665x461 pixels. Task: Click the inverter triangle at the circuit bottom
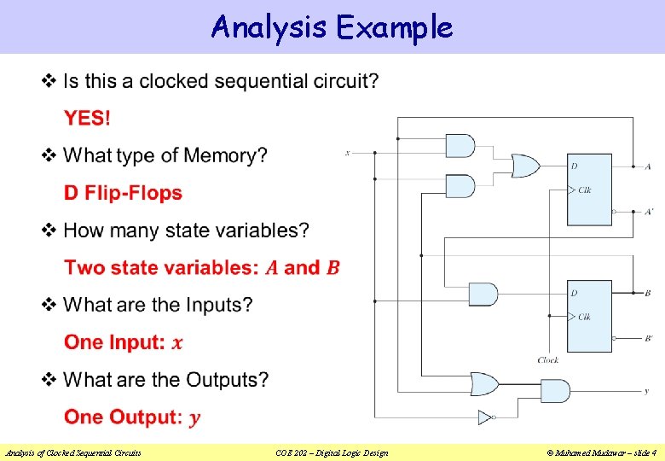click(x=484, y=417)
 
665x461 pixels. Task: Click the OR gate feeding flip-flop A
click(x=523, y=166)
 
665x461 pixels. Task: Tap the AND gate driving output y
click(x=555, y=391)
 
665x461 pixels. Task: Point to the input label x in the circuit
click(x=347, y=153)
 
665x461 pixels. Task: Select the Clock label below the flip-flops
click(x=548, y=360)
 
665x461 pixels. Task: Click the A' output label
click(x=650, y=211)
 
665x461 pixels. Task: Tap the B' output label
click(x=650, y=339)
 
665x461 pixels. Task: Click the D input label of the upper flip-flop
click(x=574, y=165)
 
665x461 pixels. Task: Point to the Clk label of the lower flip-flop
click(x=585, y=317)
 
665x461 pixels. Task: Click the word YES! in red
click(x=87, y=119)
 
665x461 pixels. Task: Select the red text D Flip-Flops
click(x=123, y=193)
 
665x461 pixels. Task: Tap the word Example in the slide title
click(x=394, y=27)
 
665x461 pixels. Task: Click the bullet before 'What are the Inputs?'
click(x=49, y=305)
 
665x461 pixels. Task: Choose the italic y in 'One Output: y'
click(x=195, y=417)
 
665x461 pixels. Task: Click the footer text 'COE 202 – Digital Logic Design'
click(x=332, y=452)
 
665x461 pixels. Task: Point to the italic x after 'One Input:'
click(x=177, y=343)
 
